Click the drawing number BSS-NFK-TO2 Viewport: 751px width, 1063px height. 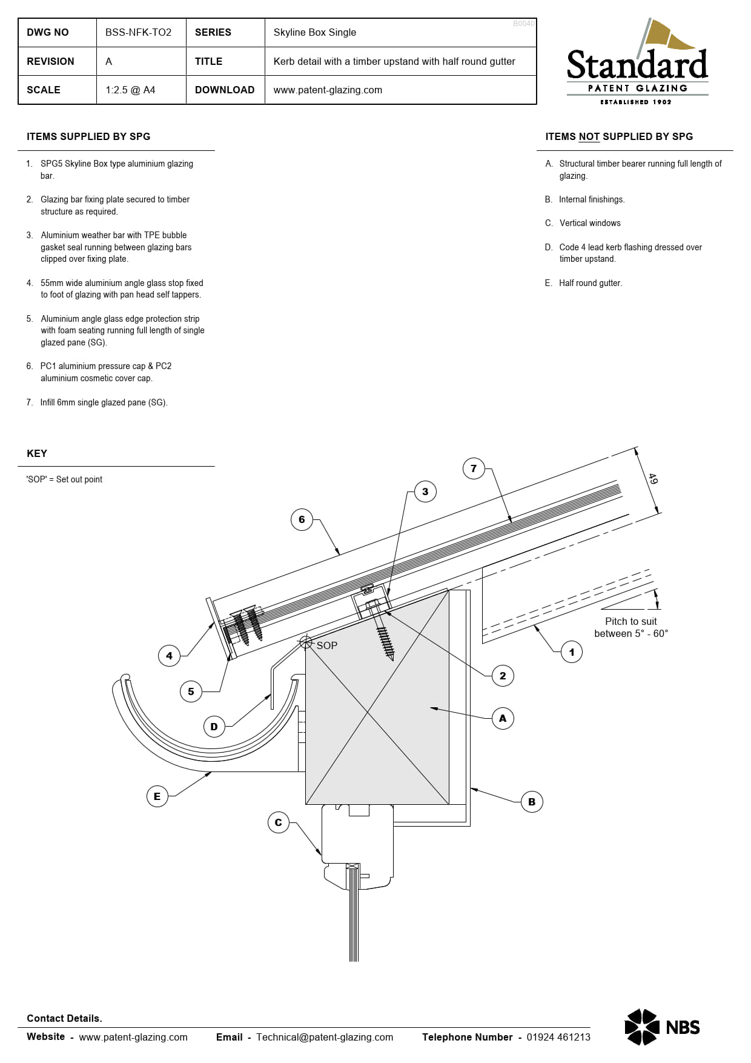[x=138, y=33]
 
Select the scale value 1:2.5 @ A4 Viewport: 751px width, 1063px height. [x=130, y=90]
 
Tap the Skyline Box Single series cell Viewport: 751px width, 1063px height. [x=314, y=33]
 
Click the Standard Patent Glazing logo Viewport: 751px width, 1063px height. [x=637, y=64]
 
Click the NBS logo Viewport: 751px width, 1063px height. [x=662, y=1027]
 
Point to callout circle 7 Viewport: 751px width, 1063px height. [x=474, y=468]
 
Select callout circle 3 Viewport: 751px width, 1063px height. [x=425, y=492]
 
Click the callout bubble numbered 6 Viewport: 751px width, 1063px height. [x=302, y=519]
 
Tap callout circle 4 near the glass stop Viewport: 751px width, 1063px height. [x=169, y=656]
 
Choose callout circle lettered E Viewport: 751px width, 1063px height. [x=157, y=796]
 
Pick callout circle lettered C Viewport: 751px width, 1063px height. [x=278, y=822]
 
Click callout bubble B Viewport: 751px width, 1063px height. [x=532, y=802]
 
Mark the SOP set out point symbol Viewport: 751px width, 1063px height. [x=306, y=642]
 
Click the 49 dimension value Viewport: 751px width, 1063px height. [x=652, y=479]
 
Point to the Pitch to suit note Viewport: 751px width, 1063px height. [x=630, y=627]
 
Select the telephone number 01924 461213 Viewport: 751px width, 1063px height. [x=558, y=1037]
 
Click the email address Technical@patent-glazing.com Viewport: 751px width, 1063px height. [x=324, y=1037]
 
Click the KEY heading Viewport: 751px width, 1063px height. [x=37, y=454]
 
